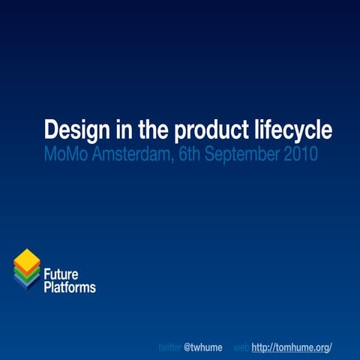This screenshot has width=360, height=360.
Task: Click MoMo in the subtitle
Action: click(67, 155)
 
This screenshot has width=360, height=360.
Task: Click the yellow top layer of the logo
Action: click(27, 259)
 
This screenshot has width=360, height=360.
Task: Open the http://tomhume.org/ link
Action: click(292, 348)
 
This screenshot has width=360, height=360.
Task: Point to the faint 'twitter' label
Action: click(169, 348)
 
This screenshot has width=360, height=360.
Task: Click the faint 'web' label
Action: click(241, 348)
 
